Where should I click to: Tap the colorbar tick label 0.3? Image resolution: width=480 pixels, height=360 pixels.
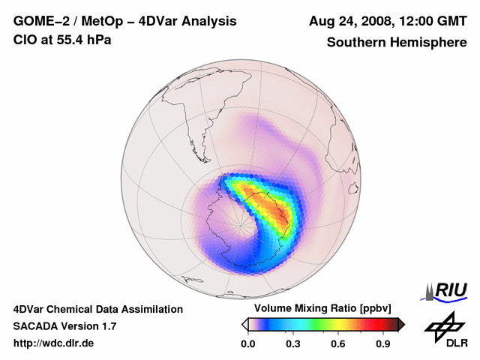[x=293, y=344]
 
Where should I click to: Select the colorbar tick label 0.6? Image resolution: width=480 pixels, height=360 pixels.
[x=339, y=344]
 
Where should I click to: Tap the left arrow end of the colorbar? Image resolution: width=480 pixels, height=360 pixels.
[x=244, y=324]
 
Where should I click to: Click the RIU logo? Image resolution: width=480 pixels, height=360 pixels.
[x=448, y=289]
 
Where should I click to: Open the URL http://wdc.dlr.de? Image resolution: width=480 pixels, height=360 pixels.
[x=54, y=343]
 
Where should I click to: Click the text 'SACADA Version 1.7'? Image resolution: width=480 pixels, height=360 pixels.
[x=65, y=326]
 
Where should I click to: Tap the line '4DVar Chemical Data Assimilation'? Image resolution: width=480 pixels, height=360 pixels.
[x=98, y=309]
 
